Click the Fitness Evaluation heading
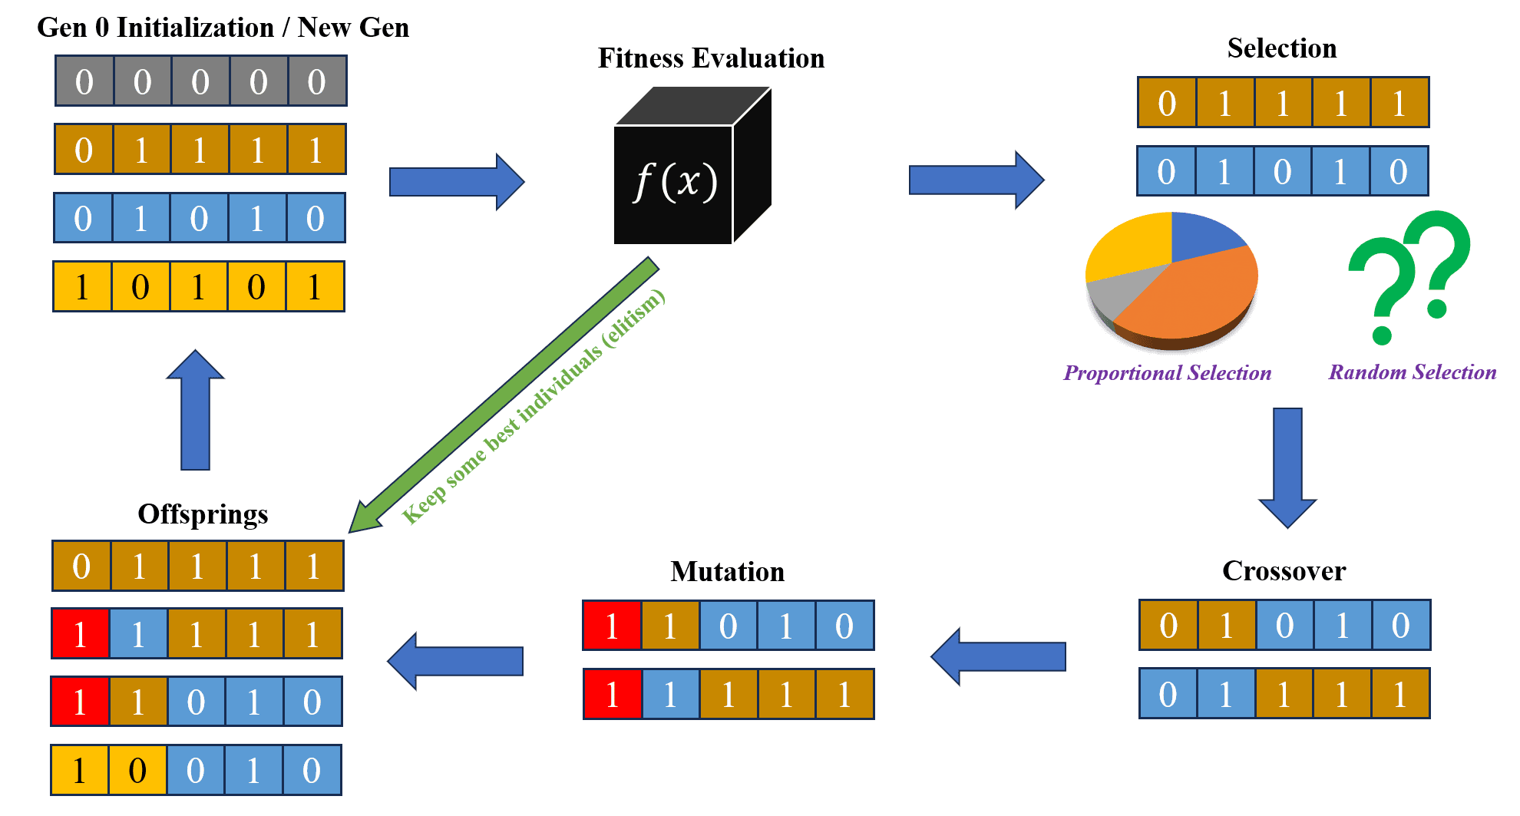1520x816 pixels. point(711,58)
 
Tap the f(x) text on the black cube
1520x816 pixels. point(675,183)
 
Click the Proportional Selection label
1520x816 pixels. point(1167,373)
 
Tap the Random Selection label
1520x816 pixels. point(1413,372)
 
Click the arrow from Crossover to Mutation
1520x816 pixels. point(998,656)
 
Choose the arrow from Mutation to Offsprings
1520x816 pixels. point(455,660)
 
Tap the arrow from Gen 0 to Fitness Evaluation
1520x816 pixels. point(457,182)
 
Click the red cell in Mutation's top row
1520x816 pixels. point(612,626)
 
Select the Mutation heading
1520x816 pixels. point(727,572)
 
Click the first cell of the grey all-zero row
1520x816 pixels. point(84,81)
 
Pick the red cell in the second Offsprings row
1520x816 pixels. point(81,634)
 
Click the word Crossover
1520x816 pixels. point(1284,571)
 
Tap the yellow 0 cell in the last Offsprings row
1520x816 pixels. point(137,770)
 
